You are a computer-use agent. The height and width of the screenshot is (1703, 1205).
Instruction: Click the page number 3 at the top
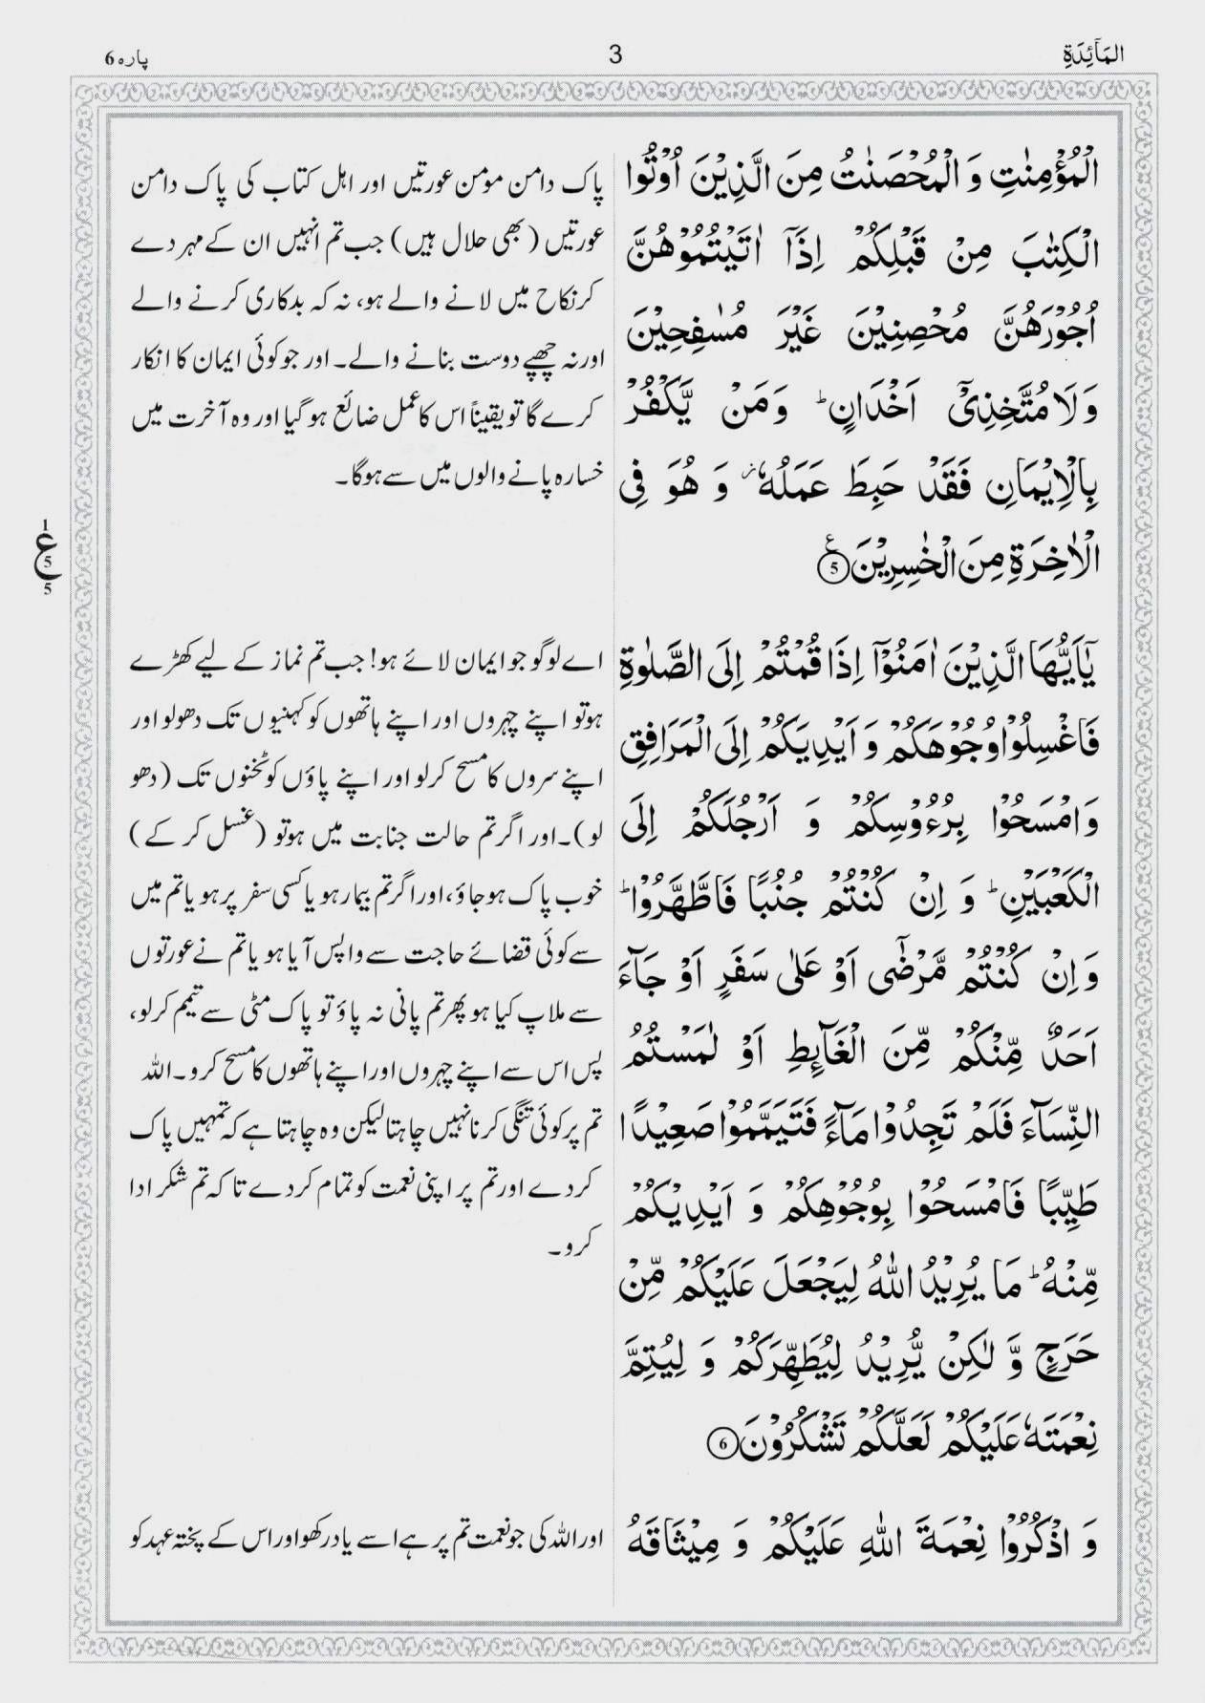(614, 55)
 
